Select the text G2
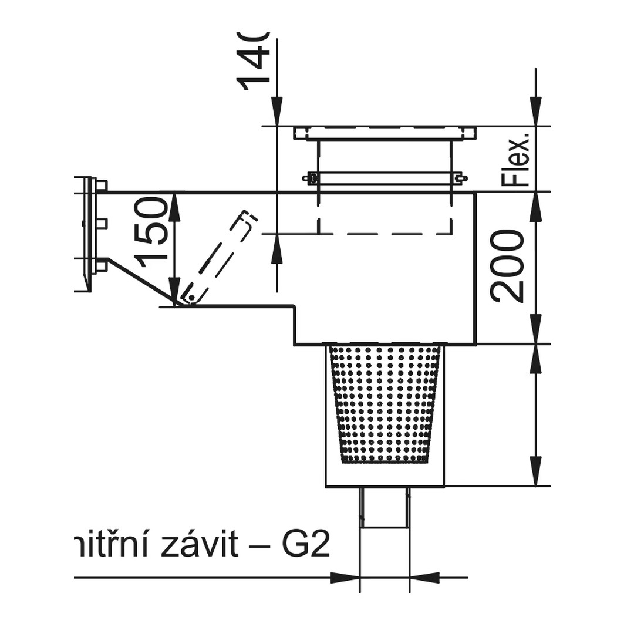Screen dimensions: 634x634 click(x=307, y=546)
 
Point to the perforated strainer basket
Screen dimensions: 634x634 click(x=385, y=405)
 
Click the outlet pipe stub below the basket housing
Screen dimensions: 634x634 click(x=385, y=508)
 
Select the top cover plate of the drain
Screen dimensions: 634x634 click(x=385, y=133)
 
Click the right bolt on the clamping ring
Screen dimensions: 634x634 click(x=460, y=178)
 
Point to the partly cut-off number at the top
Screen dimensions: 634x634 click(x=252, y=59)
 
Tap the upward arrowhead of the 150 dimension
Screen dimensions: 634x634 click(x=174, y=203)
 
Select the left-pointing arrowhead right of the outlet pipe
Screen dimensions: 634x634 click(x=424, y=578)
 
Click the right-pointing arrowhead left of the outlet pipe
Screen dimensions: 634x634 click(x=345, y=578)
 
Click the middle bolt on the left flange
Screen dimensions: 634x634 click(x=101, y=223)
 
